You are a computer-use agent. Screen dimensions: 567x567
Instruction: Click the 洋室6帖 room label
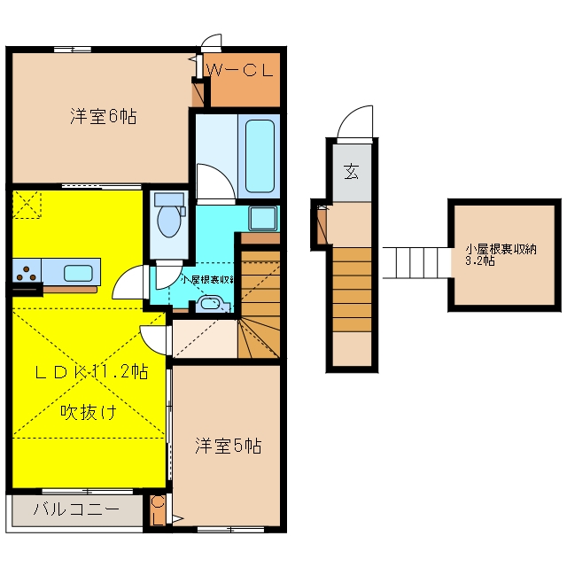tap(104, 117)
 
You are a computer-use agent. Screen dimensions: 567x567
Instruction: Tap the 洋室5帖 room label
tap(229, 446)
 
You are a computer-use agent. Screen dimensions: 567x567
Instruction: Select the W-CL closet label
tap(240, 70)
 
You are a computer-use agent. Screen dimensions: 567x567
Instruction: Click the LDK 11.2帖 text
tap(92, 372)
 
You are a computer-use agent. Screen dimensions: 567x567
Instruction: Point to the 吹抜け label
tap(89, 412)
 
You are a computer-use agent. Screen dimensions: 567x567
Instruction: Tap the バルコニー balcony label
tap(76, 509)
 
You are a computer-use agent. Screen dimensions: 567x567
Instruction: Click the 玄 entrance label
tap(352, 171)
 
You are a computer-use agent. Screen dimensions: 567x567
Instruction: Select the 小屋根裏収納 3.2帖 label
tap(501, 255)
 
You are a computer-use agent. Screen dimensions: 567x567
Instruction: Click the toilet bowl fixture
tap(169, 215)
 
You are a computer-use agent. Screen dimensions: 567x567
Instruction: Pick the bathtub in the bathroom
tap(260, 156)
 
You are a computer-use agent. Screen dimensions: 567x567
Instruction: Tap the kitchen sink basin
tap(78, 273)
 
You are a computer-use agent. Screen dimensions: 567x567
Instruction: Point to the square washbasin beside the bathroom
tap(263, 218)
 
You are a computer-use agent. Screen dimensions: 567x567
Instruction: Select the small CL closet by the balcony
tap(158, 510)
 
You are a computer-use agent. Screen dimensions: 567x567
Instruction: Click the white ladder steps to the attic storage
tap(417, 263)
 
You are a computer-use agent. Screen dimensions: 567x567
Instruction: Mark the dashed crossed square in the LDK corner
tap(27, 205)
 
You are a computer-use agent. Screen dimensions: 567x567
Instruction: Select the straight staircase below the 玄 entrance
tap(353, 290)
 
